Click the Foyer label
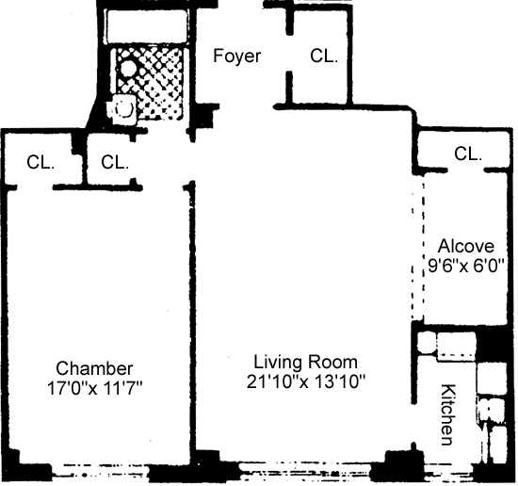coord(236,56)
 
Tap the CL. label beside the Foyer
coord(324,56)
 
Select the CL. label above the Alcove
coord(468,154)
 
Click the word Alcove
coord(466,246)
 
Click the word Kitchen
coord(449,414)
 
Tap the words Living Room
coord(305,362)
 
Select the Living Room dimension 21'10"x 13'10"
coord(306,381)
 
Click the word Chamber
coord(94,368)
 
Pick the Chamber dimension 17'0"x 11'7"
coord(94,388)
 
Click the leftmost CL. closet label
coord(40,162)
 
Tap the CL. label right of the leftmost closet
coord(115,162)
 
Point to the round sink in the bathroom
coord(126,69)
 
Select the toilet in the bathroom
coord(122,108)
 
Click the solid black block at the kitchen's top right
coord(492,344)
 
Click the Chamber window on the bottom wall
coord(101,470)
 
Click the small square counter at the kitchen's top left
coord(426,343)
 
